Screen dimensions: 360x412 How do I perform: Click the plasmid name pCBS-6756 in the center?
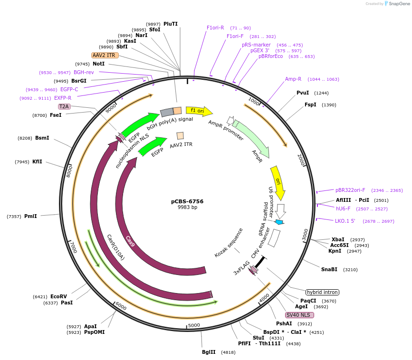point(187,201)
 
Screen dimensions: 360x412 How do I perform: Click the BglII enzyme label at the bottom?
point(209,352)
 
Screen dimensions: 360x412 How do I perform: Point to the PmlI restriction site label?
point(30,216)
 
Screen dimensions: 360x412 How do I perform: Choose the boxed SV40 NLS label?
point(299,315)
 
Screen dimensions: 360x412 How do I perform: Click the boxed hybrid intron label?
point(322,292)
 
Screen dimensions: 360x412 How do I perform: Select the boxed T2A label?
point(64,106)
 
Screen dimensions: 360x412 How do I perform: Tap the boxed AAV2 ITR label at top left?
point(105,55)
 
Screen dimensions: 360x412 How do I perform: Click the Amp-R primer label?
point(293,79)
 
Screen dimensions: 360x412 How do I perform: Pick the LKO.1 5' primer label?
point(345,221)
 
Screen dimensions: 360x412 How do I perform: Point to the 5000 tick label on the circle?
point(194,325)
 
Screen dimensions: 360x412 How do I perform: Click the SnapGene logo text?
point(399,4)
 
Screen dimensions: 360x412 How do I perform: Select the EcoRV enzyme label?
point(58,296)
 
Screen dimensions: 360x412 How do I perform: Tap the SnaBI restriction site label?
point(329,269)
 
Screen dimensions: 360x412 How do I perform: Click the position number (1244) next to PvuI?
point(321,93)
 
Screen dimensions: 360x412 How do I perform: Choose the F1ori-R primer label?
point(215,28)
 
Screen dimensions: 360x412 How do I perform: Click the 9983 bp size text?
point(187,208)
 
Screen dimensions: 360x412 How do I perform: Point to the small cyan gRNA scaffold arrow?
point(279,222)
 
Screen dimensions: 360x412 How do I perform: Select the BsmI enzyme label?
point(42,138)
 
